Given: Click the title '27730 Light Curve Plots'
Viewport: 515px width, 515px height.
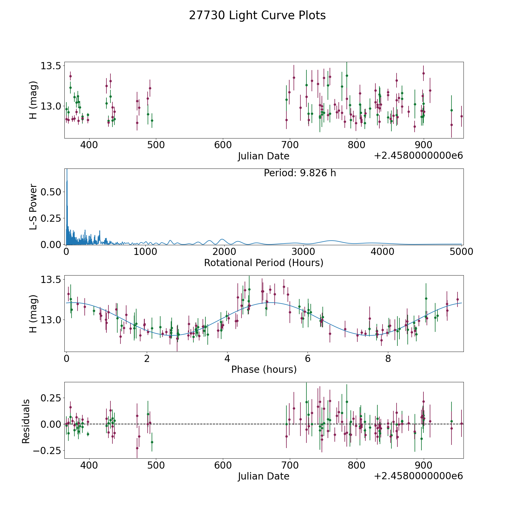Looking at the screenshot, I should coord(257,15).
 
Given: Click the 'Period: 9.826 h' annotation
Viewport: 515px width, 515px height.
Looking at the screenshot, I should coord(300,173).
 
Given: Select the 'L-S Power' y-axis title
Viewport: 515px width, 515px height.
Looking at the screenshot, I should coord(33,207).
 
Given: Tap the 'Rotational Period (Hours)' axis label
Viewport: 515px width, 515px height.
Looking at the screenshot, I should coord(264,263).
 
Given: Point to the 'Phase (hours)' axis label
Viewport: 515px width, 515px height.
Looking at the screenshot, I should coord(264,369).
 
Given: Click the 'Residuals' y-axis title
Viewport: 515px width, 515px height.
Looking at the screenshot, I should coord(26,421).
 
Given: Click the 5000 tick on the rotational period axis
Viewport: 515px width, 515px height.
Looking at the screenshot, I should coord(461,252).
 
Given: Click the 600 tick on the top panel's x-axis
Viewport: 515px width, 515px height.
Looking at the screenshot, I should coord(223,145).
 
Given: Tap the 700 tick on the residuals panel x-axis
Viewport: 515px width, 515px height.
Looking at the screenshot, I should coord(290,465).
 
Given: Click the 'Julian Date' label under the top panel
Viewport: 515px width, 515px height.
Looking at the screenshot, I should coord(264,156).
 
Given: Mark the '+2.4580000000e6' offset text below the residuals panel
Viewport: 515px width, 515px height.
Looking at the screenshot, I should coord(418,476).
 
